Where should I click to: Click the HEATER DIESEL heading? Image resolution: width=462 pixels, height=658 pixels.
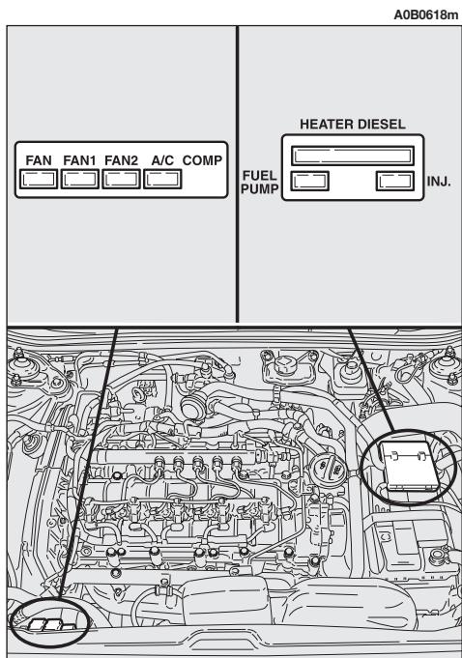click(x=352, y=126)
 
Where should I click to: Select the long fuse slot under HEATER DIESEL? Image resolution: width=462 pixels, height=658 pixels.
click(x=353, y=155)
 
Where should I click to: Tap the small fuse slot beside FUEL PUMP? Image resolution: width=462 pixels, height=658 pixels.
click(x=308, y=180)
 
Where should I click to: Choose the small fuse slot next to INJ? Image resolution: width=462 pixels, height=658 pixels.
click(x=395, y=180)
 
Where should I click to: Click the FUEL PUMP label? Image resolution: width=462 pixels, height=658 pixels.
click(x=259, y=181)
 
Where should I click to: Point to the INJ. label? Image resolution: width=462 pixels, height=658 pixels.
click(x=439, y=181)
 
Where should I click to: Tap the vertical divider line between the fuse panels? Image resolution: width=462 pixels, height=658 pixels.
click(x=238, y=174)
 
